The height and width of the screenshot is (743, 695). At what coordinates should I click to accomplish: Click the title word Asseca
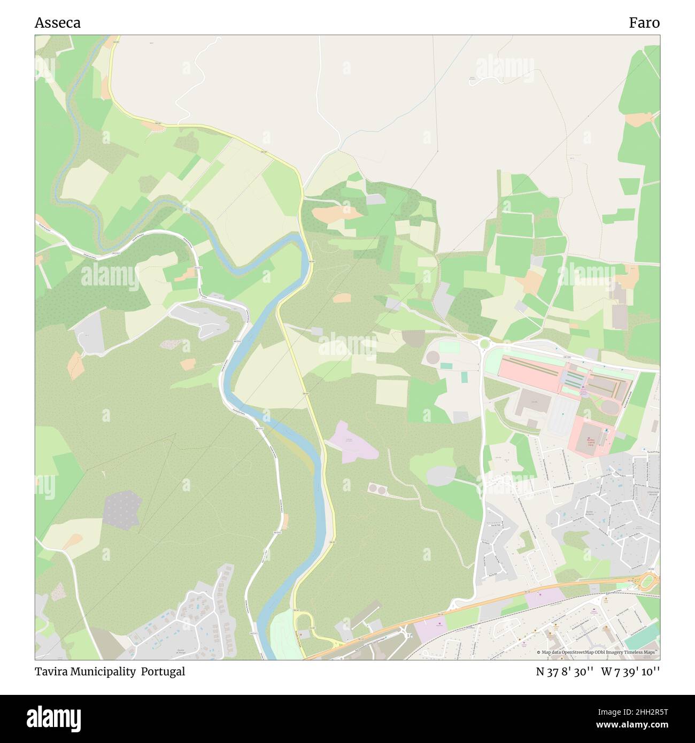(x=58, y=22)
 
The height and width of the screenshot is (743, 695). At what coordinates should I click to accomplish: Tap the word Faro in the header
(x=644, y=22)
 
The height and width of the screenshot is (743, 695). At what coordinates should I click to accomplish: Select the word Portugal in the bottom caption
(x=163, y=671)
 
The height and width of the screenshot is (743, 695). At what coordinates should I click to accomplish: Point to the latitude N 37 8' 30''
(x=565, y=671)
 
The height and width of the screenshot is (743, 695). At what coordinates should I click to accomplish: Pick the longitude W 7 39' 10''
(x=630, y=671)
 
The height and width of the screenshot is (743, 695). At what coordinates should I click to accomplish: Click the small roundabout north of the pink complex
(x=484, y=343)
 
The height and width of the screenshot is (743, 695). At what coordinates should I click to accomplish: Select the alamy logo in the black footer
(x=53, y=718)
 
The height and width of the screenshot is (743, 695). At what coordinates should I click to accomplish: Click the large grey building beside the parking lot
(x=531, y=403)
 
